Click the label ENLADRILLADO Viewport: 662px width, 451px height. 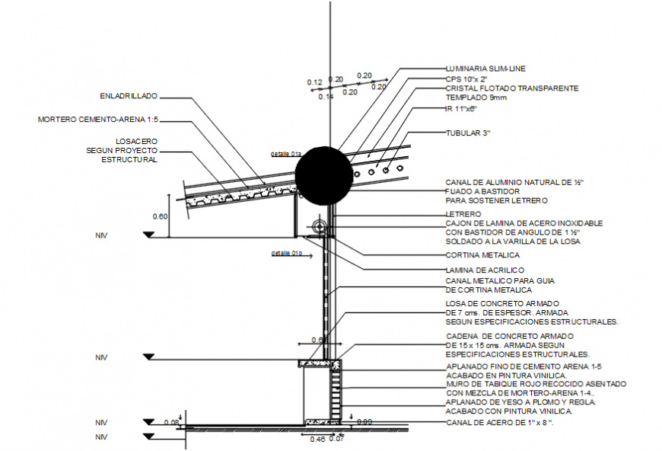(129, 97)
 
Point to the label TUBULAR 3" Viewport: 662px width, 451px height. (468, 133)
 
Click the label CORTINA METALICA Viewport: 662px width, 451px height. (482, 255)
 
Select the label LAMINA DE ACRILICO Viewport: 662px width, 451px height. (485, 270)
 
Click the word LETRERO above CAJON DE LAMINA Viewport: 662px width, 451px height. (463, 214)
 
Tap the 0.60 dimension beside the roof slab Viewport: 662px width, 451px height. (159, 216)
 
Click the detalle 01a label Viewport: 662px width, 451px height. (286, 154)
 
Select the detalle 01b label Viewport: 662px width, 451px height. (287, 253)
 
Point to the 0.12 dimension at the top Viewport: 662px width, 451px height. (315, 82)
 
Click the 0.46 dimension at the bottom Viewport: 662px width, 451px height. (317, 440)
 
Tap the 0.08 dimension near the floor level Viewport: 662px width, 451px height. (171, 422)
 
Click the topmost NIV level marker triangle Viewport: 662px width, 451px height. (148, 235)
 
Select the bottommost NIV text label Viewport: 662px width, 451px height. (101, 437)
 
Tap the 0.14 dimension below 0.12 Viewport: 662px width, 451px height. (326, 97)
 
